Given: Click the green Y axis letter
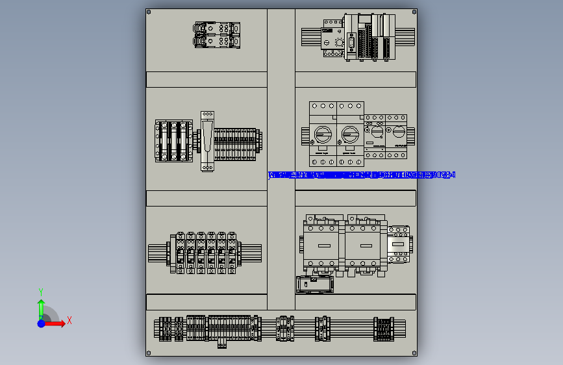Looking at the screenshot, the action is pyautogui.click(x=40, y=292).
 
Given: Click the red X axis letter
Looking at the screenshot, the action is pyautogui.click(x=69, y=320).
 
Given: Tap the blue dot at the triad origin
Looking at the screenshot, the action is pyautogui.click(x=41, y=323).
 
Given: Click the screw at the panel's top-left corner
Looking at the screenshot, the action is pyautogui.click(x=149, y=12).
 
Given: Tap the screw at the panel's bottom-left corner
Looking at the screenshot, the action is pyautogui.click(x=149, y=353).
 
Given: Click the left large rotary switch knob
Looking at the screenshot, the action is pyautogui.click(x=322, y=134).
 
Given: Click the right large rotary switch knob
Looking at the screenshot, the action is pyautogui.click(x=351, y=134).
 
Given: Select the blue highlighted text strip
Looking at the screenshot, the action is pyautogui.click(x=362, y=175).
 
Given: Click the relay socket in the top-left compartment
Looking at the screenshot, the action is pyautogui.click(x=217, y=34).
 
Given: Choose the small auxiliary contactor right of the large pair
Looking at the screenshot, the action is pyautogui.click(x=399, y=243).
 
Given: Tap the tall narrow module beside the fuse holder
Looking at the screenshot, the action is pyautogui.click(x=207, y=140).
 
